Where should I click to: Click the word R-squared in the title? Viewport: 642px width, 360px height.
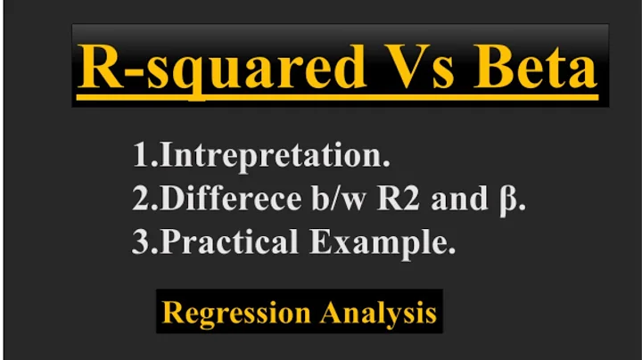tap(215, 68)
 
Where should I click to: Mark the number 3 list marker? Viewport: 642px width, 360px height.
tap(140, 242)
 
